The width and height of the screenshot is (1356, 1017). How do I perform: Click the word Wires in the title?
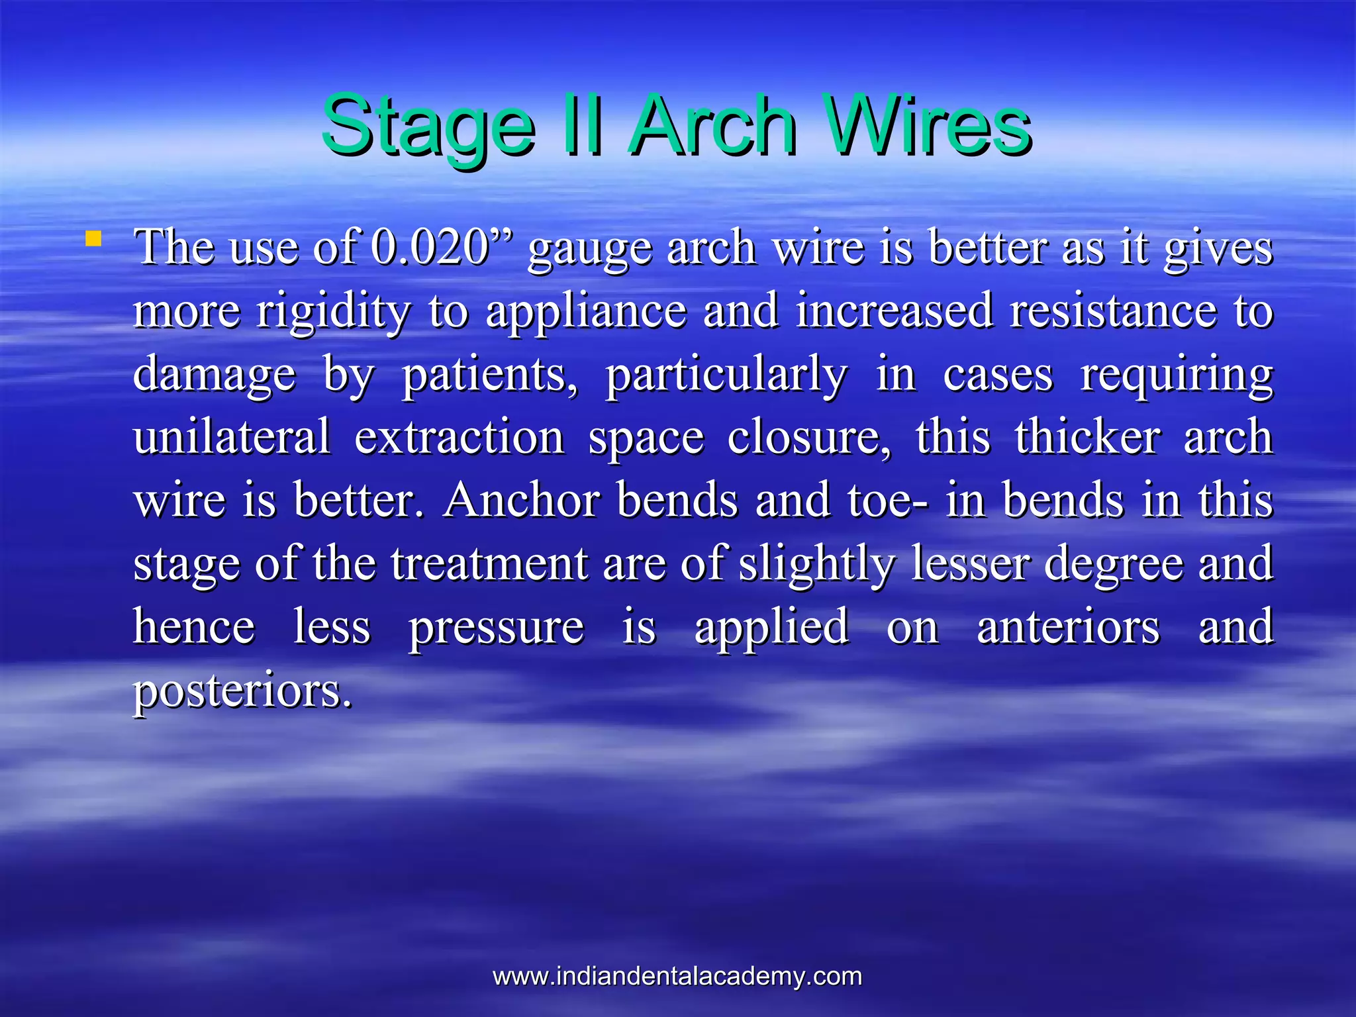930,126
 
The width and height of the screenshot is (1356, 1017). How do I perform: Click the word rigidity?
333,311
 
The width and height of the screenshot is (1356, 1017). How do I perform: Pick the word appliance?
586,311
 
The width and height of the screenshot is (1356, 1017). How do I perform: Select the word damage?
214,375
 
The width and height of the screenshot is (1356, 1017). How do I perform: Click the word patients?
490,375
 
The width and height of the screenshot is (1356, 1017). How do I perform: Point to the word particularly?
726,375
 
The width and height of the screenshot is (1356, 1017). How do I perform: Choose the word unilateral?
232,437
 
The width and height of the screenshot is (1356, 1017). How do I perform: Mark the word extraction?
460,437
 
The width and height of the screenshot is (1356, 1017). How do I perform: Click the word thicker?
1088,437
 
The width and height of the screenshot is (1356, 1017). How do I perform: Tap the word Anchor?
522,500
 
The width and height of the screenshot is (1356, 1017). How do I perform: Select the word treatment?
489,563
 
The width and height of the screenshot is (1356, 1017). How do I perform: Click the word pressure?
496,627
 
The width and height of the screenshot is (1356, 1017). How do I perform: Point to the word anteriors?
1068,627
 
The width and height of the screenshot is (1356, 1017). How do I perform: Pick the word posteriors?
242,691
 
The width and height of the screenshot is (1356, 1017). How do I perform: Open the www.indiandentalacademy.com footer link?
677,977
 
